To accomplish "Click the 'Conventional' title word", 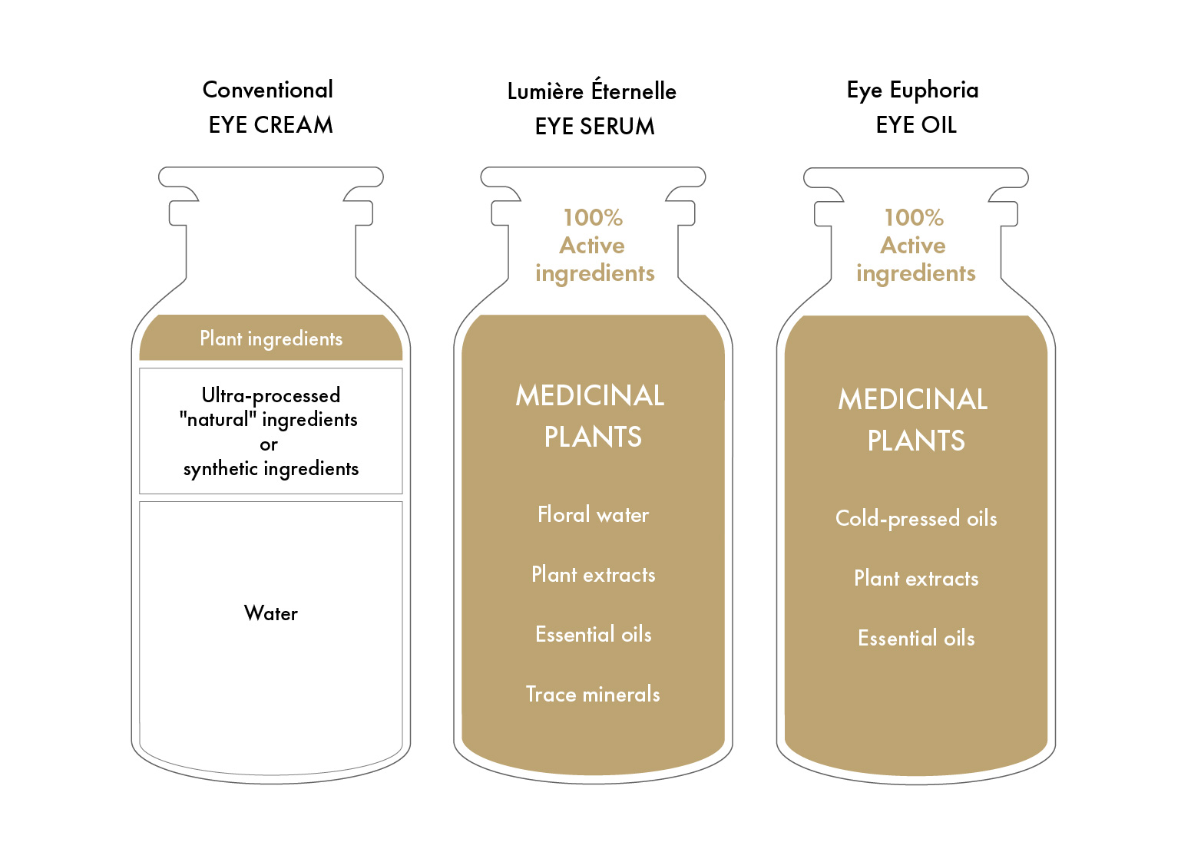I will coord(268,90).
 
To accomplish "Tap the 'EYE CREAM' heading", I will coord(270,125).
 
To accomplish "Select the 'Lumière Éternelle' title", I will coord(591,91).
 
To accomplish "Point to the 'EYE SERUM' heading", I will coord(594,127).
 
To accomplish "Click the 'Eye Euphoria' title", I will coord(912,91).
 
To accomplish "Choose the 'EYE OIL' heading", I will coord(916,125).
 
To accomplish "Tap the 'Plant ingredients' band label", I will coord(271,338).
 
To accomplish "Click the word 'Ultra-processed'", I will coord(270,395).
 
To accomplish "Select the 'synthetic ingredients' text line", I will coord(270,468).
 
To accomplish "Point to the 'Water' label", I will coord(270,613).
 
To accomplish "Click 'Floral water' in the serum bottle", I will coord(593,514).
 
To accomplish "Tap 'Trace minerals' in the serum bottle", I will coord(593,694).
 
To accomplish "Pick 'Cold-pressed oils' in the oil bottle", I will coord(916,518).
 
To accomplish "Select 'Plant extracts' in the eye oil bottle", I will coord(916,578).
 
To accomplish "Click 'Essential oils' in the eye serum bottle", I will coord(593,634).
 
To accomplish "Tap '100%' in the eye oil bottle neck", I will coord(914,217).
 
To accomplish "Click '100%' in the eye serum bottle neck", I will coord(593,217).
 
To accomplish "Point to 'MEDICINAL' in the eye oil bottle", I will coord(913,399).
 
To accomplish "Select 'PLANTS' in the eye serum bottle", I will coord(593,437).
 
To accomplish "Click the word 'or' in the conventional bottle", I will coord(269,444).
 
